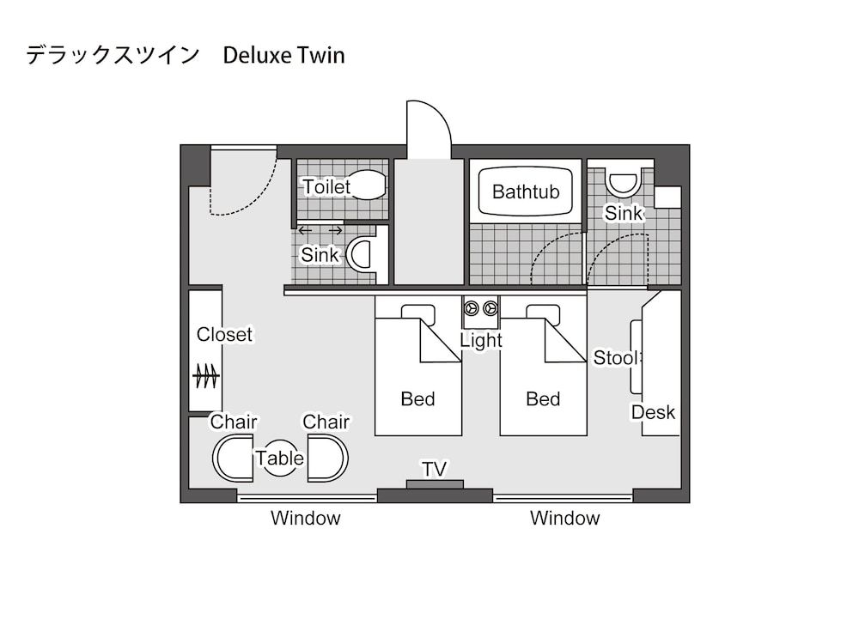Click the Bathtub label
pos(525,191)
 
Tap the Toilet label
pos(326,187)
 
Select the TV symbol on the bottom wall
pos(435,483)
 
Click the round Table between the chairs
pos(280,459)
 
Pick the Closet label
pos(224,335)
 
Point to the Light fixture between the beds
pos(481,308)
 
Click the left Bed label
pos(417,399)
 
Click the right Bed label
pos(543,399)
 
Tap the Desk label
pos(653,412)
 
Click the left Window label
pos(306,519)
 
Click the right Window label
pos(564,519)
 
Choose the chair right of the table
pos(327,459)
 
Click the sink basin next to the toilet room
pos(359,255)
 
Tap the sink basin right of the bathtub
pos(622,183)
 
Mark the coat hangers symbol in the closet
pos(205,376)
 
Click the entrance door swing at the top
pos(428,131)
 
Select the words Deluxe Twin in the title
pos(283,56)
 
